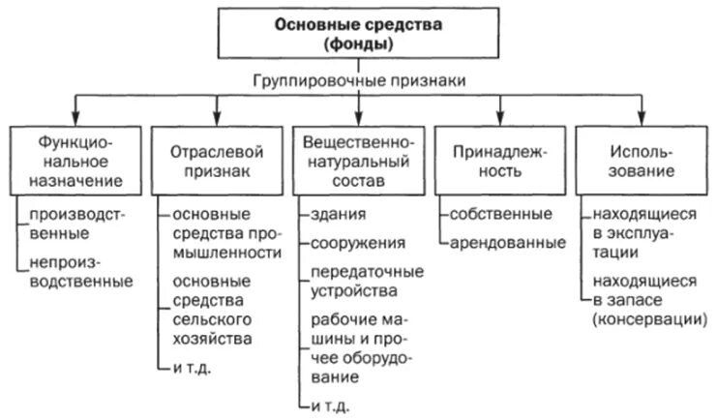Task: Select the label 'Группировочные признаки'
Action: pyautogui.click(x=359, y=82)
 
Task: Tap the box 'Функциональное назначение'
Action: pyautogui.click(x=74, y=160)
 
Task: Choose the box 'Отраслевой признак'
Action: pyautogui.click(x=216, y=160)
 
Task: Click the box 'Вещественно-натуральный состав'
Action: pyautogui.click(x=358, y=160)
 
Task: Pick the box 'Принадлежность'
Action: pyautogui.click(x=500, y=160)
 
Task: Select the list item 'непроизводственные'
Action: pyautogui.click(x=80, y=272)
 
